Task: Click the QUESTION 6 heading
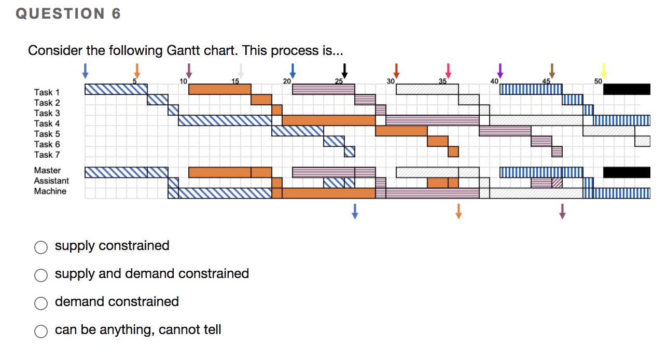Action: pyautogui.click(x=68, y=13)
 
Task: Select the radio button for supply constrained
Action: pyautogui.click(x=41, y=247)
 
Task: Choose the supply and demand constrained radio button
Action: pyautogui.click(x=41, y=275)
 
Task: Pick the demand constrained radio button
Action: pyautogui.click(x=41, y=303)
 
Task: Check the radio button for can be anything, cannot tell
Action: pyautogui.click(x=41, y=331)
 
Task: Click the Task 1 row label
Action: pyautogui.click(x=47, y=92)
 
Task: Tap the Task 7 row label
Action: pyautogui.click(x=47, y=155)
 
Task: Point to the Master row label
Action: pyautogui.click(x=47, y=170)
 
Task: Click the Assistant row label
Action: pyautogui.click(x=51, y=181)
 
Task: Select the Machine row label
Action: pyautogui.click(x=50, y=191)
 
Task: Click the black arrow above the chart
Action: pyautogui.click(x=344, y=71)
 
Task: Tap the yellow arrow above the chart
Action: pyautogui.click(x=604, y=71)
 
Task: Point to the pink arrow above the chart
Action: pyautogui.click(x=448, y=71)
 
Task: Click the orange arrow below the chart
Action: pyautogui.click(x=458, y=211)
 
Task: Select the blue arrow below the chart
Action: pyautogui.click(x=355, y=211)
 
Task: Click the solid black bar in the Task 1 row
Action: pyautogui.click(x=627, y=89)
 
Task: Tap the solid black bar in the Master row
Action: pyautogui.click(x=627, y=172)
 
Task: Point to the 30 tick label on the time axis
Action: pyautogui.click(x=391, y=81)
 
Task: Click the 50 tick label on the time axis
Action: pyautogui.click(x=598, y=81)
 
